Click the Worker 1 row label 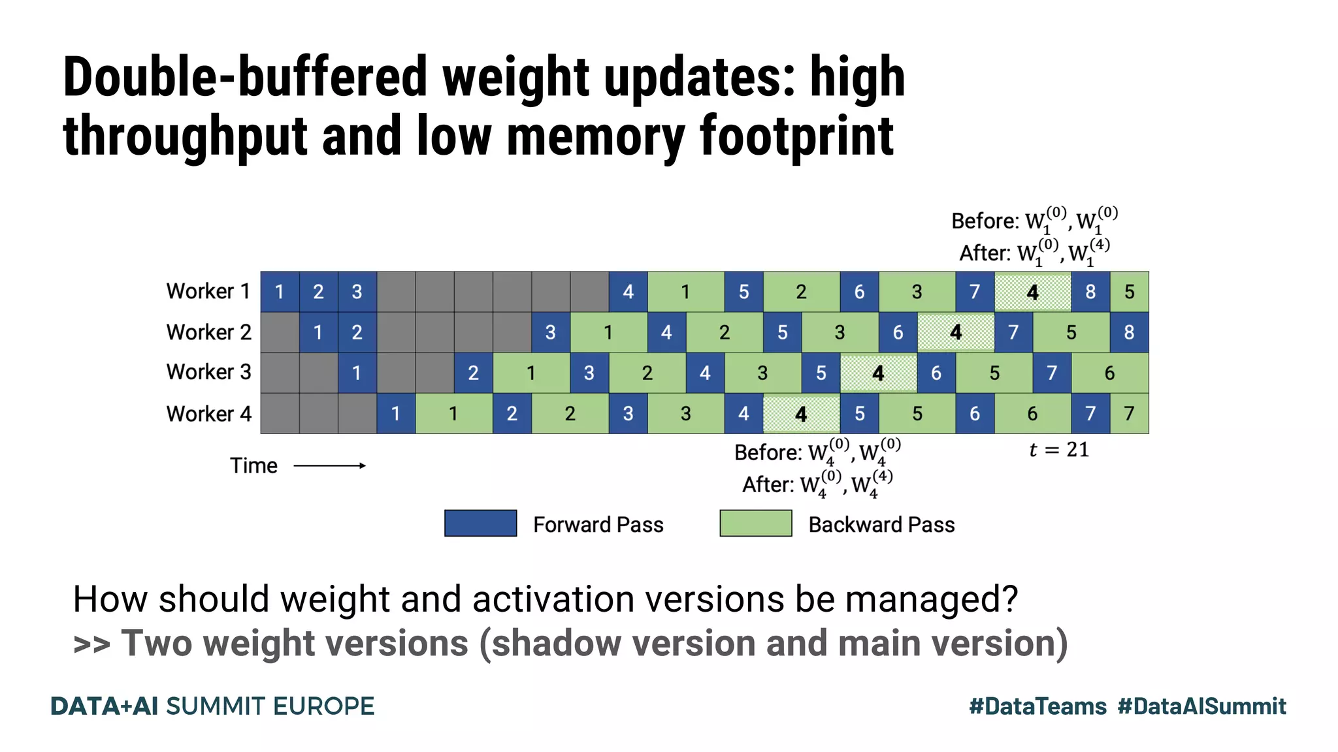pos(208,291)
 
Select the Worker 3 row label pos(208,372)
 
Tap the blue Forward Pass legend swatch pos(480,524)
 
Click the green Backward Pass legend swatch pos(755,524)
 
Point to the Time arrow pos(329,465)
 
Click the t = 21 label pos(1059,450)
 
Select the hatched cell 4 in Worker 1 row pos(1032,292)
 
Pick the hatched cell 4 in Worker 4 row pos(801,414)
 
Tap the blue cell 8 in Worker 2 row pos(1129,332)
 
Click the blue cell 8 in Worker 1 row pos(1090,292)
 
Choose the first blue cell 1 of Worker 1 pos(280,292)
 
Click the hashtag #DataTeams pos(1037,706)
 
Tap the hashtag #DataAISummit pos(1202,706)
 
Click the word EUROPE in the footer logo pos(323,706)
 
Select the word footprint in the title pos(796,136)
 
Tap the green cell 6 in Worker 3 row pos(1109,373)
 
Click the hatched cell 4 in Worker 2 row pos(956,332)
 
